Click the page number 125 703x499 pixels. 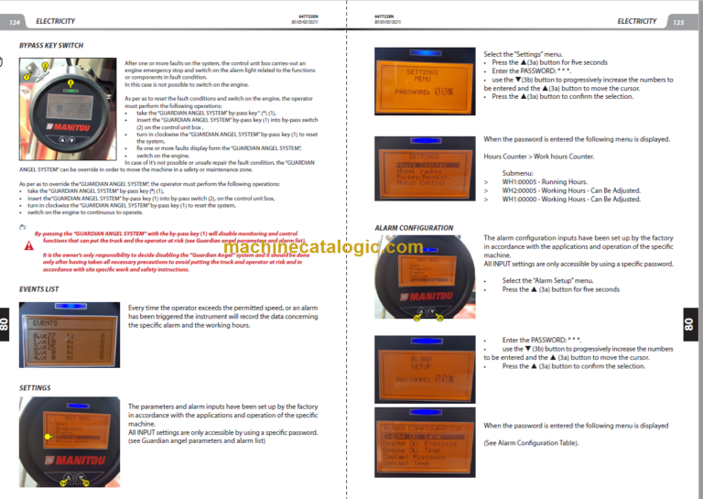point(677,21)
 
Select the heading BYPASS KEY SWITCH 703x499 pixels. point(51,45)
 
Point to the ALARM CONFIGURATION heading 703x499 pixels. point(414,227)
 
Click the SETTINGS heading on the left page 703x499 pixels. point(35,387)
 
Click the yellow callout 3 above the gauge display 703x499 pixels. point(44,67)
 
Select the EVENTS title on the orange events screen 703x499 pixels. point(44,323)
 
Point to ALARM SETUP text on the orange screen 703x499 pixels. point(420,362)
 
